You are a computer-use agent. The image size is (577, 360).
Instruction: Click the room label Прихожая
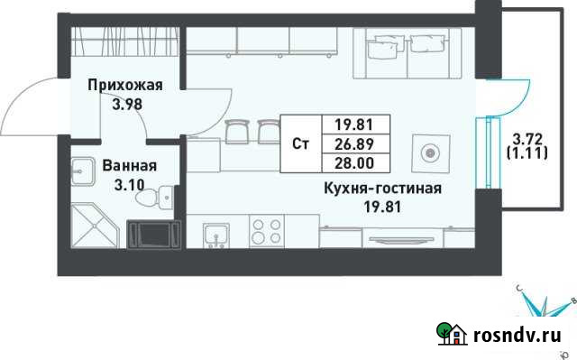pyautogui.click(x=124, y=86)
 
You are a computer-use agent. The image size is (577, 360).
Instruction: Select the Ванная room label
pyautogui.click(x=130, y=166)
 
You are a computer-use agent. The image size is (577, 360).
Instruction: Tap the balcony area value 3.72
pyautogui.click(x=527, y=139)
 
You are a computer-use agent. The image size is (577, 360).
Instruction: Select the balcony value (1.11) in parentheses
pyautogui.click(x=527, y=154)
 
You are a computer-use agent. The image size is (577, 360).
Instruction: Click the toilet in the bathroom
pyautogui.click(x=166, y=194)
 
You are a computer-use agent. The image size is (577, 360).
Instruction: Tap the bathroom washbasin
pyautogui.click(x=86, y=169)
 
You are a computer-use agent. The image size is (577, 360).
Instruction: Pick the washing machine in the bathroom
pyautogui.click(x=151, y=232)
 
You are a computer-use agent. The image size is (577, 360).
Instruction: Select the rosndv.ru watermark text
pyautogui.click(x=519, y=336)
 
